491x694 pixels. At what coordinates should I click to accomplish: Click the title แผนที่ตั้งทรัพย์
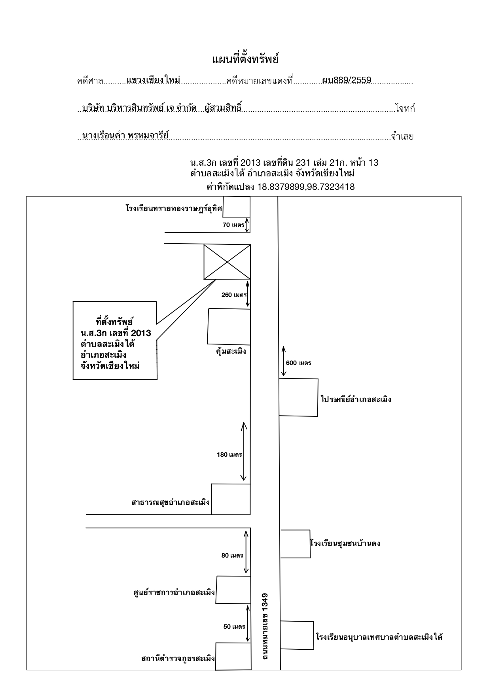pos(245,60)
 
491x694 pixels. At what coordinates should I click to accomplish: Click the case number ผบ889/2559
pos(347,80)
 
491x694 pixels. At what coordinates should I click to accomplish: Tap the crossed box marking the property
pos(227,262)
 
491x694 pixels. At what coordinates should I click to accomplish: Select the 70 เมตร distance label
pos(234,225)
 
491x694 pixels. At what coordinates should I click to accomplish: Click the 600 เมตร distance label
pos(298,363)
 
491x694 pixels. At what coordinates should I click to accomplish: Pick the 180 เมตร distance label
pos(229,455)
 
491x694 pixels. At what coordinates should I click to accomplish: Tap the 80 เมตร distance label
pos(232,556)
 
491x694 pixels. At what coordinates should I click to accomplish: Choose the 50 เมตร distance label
pos(235,627)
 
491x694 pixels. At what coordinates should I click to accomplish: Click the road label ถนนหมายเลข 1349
pos(265,626)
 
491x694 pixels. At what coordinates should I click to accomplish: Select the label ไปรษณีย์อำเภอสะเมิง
pos(356,399)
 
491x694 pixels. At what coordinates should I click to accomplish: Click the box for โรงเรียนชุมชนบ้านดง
pos(295,544)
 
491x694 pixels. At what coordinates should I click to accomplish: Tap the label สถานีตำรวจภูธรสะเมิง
pos(178,658)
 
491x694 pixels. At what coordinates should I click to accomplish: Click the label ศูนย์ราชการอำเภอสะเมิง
pos(174,593)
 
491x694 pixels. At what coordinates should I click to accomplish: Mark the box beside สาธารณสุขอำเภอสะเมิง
pos(231,499)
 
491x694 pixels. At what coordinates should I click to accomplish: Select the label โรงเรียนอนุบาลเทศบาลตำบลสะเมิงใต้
pos(379,637)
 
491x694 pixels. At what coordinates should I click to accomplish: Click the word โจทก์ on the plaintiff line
pos(405,109)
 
